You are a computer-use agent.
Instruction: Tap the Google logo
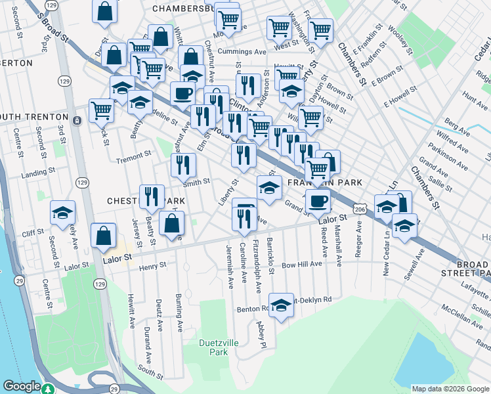22,387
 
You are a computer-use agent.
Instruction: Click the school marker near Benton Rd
281,305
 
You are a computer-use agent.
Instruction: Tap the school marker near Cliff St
63,213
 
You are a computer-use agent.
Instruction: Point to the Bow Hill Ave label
302,264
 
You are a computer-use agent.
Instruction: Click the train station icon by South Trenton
77,121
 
